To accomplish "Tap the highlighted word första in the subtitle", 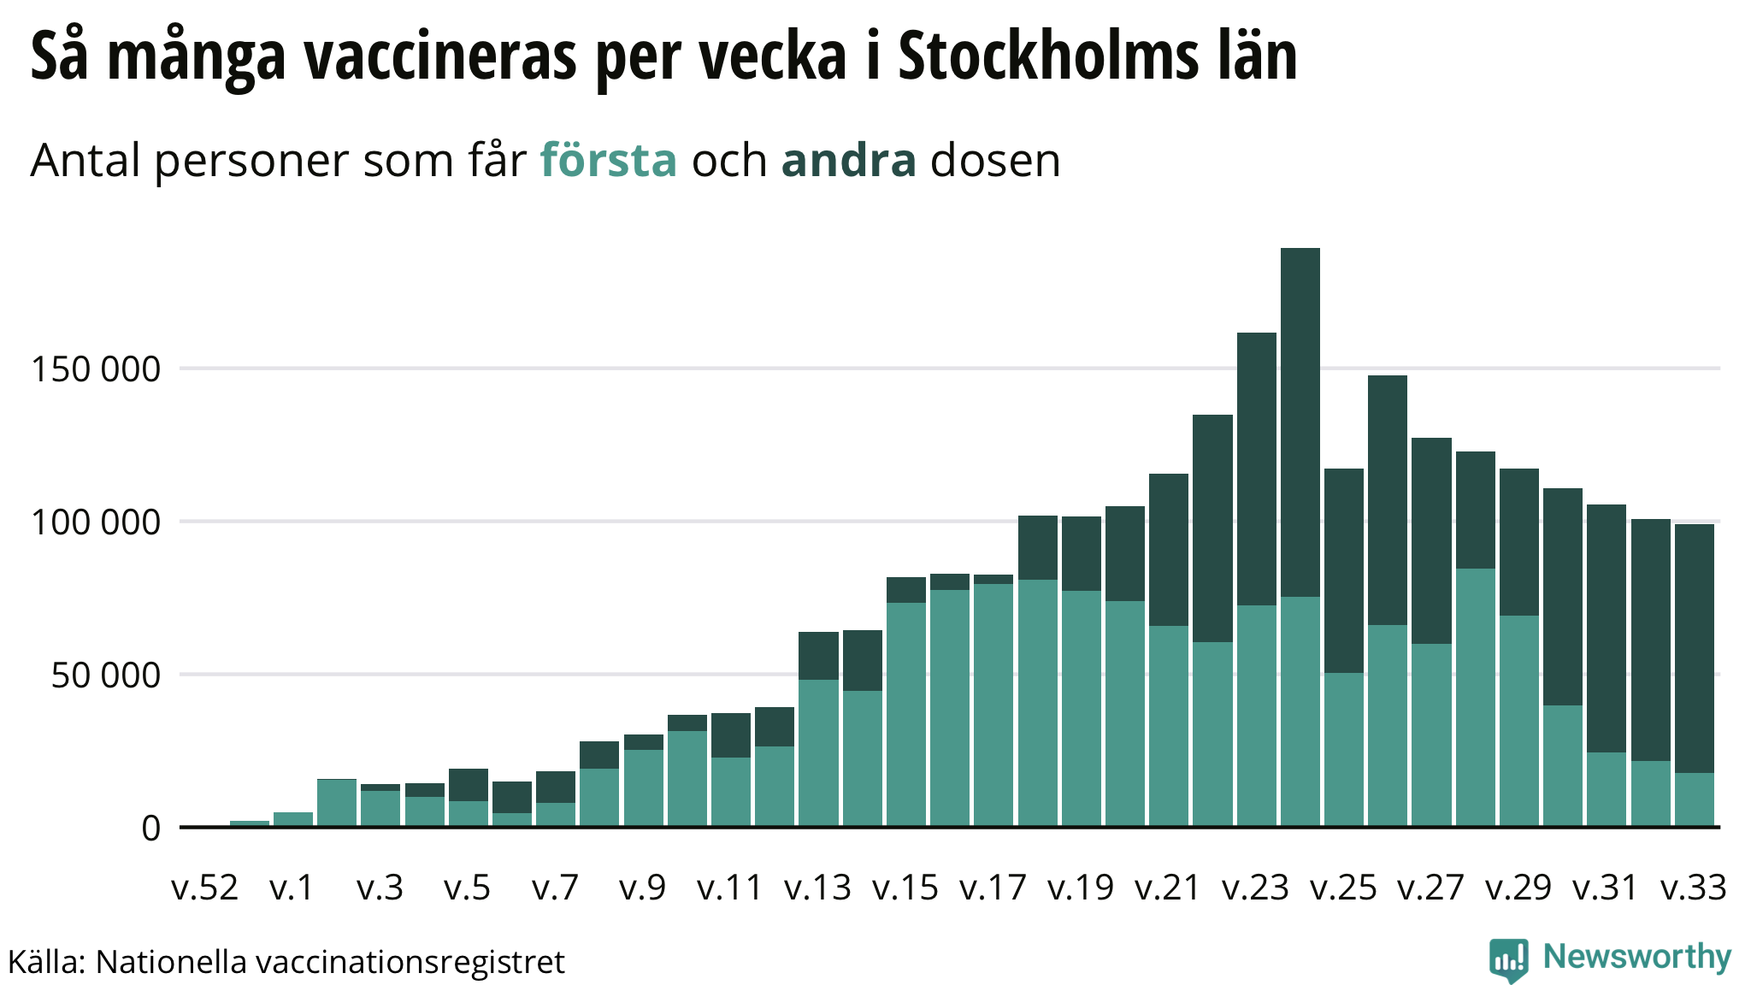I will [608, 161].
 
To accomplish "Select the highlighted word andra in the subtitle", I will [848, 161].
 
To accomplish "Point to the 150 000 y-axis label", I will [96, 369].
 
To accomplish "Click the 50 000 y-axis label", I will [105, 675].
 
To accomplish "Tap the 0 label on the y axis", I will [150, 828].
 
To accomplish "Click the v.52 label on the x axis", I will [205, 888].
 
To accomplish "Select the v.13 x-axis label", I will [818, 888].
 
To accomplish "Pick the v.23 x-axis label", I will [1256, 888].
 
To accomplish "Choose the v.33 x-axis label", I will [1694, 888].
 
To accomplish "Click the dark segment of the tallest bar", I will [1300, 419].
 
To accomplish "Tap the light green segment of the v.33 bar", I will [1694, 799].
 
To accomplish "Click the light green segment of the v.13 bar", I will [818, 752].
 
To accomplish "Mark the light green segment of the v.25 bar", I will [1344, 748].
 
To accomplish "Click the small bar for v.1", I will [293, 818].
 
